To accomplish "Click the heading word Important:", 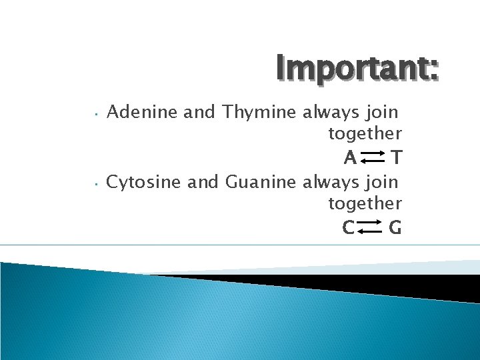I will pyautogui.click(x=357, y=69).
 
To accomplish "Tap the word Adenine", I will pyautogui.click(x=142, y=112).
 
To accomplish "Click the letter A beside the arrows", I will pyautogui.click(x=349, y=158).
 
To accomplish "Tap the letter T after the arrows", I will pyautogui.click(x=396, y=158).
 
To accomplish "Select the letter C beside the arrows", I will pyautogui.click(x=347, y=228).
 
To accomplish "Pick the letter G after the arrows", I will pyautogui.click(x=395, y=228).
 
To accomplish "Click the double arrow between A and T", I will pyautogui.click(x=373, y=158).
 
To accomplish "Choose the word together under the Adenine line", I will pyautogui.click(x=365, y=134).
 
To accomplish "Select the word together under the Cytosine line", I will pyautogui.click(x=365, y=203).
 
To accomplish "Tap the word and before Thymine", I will pyautogui.click(x=199, y=112).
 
